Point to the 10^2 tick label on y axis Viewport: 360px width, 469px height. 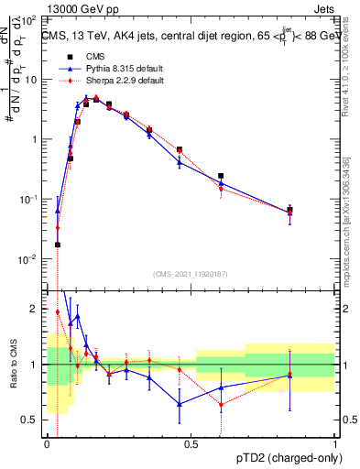[x=28, y=19]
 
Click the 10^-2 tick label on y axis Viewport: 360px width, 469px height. [x=28, y=259]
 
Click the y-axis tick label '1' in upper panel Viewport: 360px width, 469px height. [x=34, y=139]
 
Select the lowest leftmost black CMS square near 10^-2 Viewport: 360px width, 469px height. [x=58, y=245]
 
